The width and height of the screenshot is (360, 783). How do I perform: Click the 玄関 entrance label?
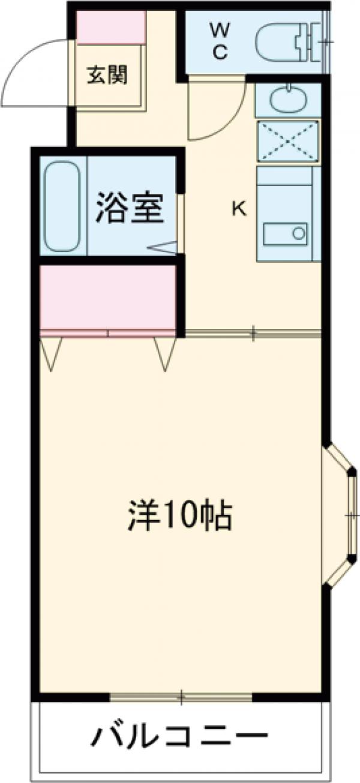pyautogui.click(x=108, y=77)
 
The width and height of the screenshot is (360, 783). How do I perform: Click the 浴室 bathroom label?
pyautogui.click(x=130, y=208)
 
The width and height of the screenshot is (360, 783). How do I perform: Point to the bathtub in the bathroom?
pyautogui.click(x=62, y=205)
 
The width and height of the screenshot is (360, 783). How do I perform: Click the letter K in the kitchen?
pyautogui.click(x=239, y=209)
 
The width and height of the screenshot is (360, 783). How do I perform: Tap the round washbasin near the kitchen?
pyautogui.click(x=287, y=100)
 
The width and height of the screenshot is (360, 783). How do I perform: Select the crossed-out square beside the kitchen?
pyautogui.click(x=288, y=142)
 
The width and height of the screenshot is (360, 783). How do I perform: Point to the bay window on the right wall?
pyautogui.click(x=342, y=515)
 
